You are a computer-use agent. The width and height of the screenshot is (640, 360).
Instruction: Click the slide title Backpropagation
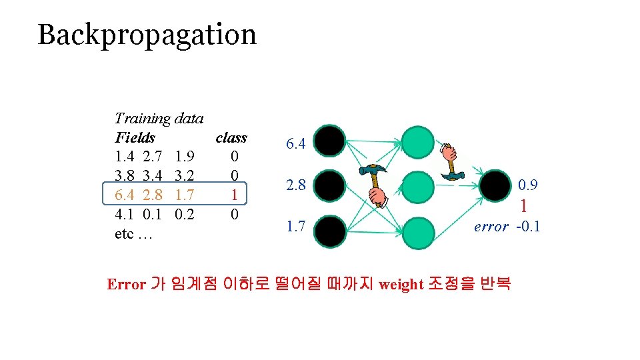click(147, 35)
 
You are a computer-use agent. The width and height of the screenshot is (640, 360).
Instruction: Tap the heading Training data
click(159, 119)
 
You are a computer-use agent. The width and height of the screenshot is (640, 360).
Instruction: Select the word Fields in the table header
click(135, 138)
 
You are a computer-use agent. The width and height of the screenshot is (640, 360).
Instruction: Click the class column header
click(231, 138)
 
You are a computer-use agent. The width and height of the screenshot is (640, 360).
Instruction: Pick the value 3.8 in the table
click(125, 176)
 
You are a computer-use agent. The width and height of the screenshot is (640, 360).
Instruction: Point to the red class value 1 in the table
click(234, 195)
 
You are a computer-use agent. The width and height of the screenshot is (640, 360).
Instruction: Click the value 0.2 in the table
click(184, 215)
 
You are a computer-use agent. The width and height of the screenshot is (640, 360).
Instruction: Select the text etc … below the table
click(134, 234)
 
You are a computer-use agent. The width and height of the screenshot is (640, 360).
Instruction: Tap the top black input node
click(330, 141)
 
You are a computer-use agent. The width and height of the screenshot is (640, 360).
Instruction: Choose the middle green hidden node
click(417, 186)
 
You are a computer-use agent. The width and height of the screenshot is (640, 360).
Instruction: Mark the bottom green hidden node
click(417, 231)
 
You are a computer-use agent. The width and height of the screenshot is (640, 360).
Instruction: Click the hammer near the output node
click(453, 161)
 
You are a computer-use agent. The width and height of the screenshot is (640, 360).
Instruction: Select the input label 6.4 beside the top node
click(296, 144)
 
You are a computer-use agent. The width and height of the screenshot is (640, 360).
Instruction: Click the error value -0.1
click(528, 227)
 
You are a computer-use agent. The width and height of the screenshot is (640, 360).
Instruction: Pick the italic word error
click(491, 227)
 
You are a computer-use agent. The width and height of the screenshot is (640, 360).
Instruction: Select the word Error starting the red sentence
click(126, 285)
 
